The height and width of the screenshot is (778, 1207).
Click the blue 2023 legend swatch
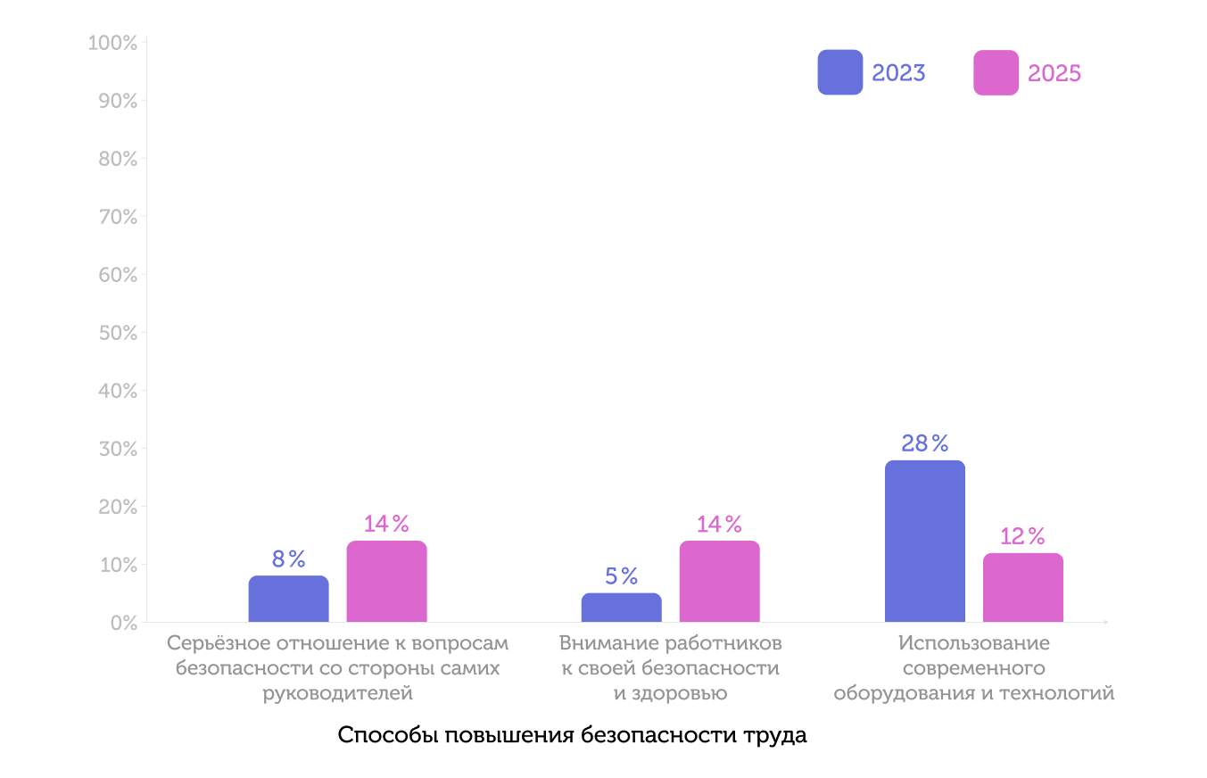pyautogui.click(x=839, y=72)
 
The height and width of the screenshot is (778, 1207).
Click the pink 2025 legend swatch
pyautogui.click(x=996, y=72)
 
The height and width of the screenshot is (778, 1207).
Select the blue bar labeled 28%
pyautogui.click(x=924, y=541)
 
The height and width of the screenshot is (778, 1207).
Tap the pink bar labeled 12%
pyautogui.click(x=1022, y=587)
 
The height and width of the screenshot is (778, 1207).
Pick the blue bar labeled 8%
pyautogui.click(x=288, y=599)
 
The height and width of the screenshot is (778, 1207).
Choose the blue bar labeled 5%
pyautogui.click(x=621, y=608)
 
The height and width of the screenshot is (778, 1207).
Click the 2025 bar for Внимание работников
pyautogui.click(x=719, y=581)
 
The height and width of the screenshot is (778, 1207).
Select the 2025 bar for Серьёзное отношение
pyautogui.click(x=386, y=581)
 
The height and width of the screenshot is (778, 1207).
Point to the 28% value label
pyautogui.click(x=924, y=443)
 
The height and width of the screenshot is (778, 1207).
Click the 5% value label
pyautogui.click(x=621, y=576)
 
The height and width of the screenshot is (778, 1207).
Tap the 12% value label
pyautogui.click(x=1022, y=536)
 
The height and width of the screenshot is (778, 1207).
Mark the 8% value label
pyautogui.click(x=288, y=559)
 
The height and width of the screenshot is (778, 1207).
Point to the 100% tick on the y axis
pyautogui.click(x=113, y=43)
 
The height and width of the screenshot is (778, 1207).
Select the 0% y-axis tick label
pyautogui.click(x=123, y=623)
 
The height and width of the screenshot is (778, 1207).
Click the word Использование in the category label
pyautogui.click(x=974, y=643)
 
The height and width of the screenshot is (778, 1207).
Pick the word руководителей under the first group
pyautogui.click(x=338, y=693)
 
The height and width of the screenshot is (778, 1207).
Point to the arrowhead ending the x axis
pyautogui.click(x=1105, y=622)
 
